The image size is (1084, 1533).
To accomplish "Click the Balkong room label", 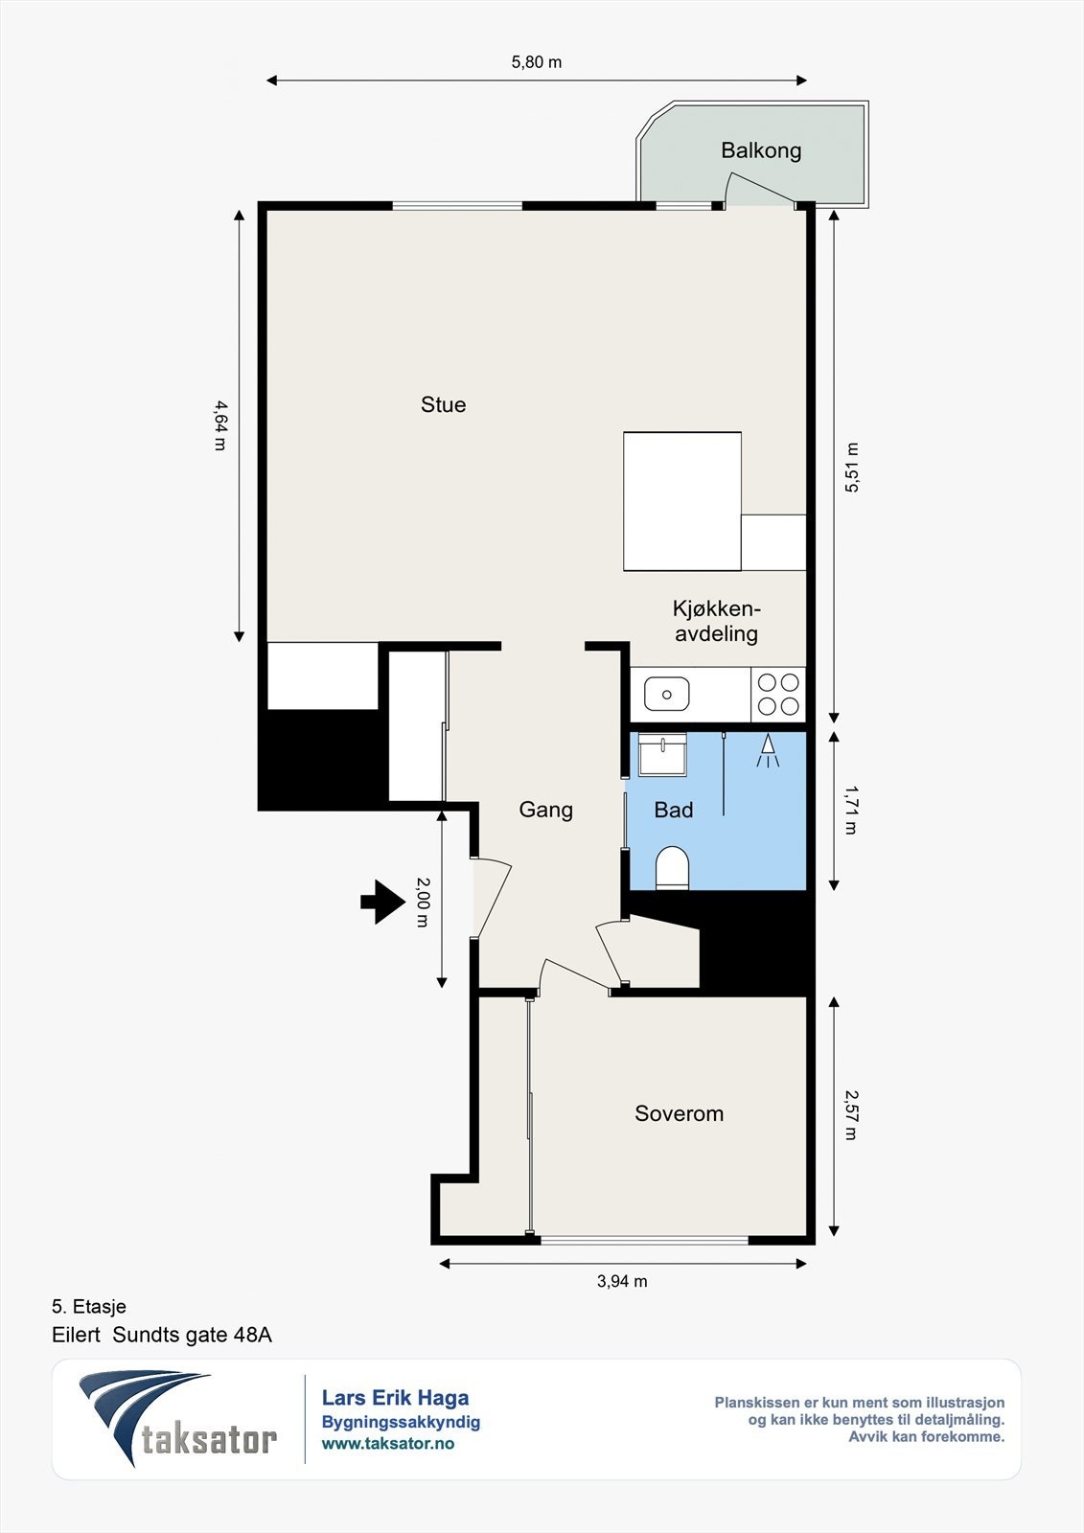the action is [x=761, y=150].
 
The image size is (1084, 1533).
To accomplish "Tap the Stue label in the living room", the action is [x=443, y=404].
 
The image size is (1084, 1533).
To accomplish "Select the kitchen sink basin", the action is [x=666, y=694].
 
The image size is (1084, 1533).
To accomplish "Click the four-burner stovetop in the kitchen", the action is [x=778, y=695].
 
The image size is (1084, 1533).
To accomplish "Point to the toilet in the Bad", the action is [x=672, y=868].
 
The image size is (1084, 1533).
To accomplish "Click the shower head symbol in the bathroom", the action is [x=768, y=751].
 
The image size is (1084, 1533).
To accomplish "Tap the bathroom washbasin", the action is [x=662, y=754].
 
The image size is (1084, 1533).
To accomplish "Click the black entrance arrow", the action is [x=382, y=902].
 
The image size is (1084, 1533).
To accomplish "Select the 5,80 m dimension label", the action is [x=536, y=62].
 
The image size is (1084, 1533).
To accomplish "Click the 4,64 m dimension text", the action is [x=220, y=425].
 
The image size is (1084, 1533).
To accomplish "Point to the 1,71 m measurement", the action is [x=850, y=810].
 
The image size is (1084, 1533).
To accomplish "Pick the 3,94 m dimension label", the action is [x=622, y=1281].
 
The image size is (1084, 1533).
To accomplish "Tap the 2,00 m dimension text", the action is [x=422, y=902].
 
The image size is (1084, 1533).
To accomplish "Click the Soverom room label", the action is [x=679, y=1113].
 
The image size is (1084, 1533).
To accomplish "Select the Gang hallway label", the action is [x=545, y=810].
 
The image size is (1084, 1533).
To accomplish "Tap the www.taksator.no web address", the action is [x=388, y=1443].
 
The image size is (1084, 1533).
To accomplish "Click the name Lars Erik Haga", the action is [x=395, y=1398].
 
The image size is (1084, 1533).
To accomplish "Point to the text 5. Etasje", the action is [x=89, y=1307].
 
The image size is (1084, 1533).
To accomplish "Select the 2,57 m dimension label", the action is [x=850, y=1115].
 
